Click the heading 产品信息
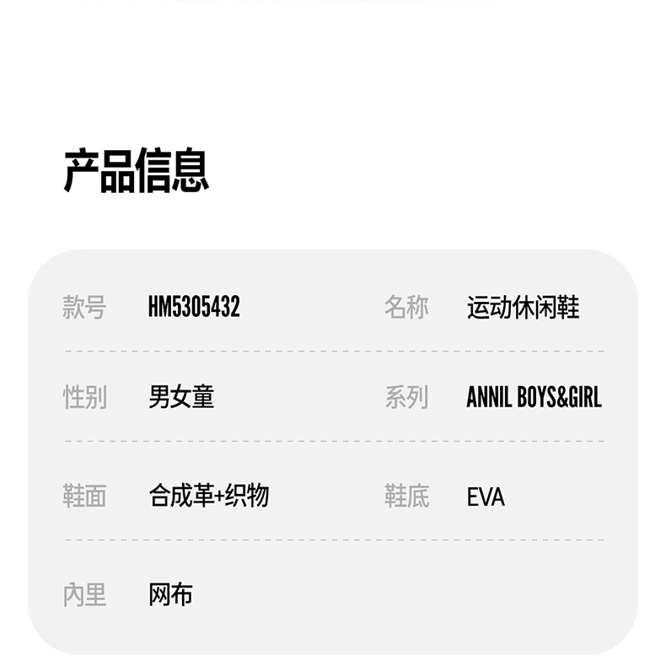(136, 171)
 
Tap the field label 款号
(84, 308)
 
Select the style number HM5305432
(194, 308)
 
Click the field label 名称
(406, 308)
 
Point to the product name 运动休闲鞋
(523, 308)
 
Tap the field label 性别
(84, 397)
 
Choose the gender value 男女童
(181, 397)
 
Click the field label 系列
(406, 397)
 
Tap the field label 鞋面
(84, 496)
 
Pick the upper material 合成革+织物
(208, 496)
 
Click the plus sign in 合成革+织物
(219, 497)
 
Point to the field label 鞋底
(406, 496)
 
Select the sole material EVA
(486, 497)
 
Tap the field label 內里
(84, 595)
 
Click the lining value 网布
(170, 595)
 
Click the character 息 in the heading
(191, 171)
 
